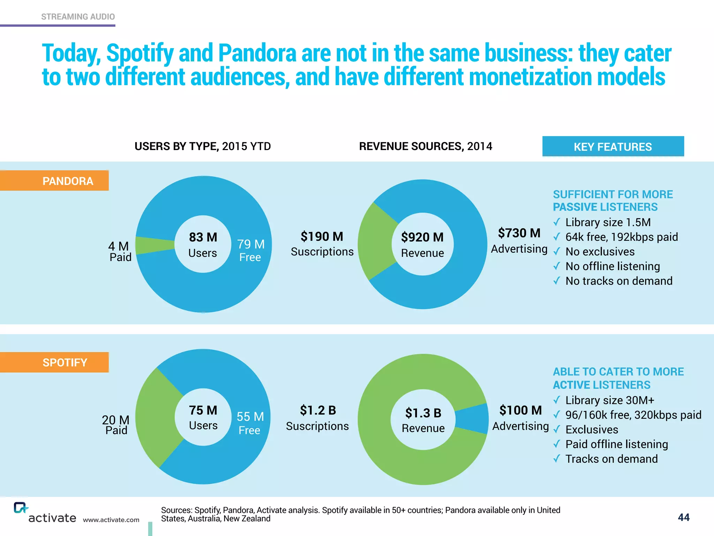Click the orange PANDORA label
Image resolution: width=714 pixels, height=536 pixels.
pyautogui.click(x=54, y=181)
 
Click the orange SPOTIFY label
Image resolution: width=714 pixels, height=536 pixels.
pyautogui.click(x=54, y=362)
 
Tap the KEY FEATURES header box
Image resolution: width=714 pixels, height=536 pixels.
pyautogui.click(x=613, y=147)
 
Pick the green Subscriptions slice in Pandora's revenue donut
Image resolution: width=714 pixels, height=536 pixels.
pyautogui.click(x=375, y=241)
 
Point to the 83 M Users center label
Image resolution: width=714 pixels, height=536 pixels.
pyautogui.click(x=203, y=244)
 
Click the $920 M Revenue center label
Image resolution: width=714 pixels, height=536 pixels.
pyautogui.click(x=423, y=244)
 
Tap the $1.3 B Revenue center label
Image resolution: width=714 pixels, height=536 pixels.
pyautogui.click(x=423, y=420)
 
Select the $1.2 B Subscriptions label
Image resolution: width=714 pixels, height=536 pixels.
pyautogui.click(x=317, y=418)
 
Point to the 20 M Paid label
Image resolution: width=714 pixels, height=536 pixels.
pyautogui.click(x=116, y=424)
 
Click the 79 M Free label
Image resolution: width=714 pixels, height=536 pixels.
pyautogui.click(x=250, y=250)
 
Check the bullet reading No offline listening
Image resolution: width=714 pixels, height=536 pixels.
pyautogui.click(x=612, y=266)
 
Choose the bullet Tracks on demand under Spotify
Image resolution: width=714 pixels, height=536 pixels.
pyautogui.click(x=611, y=459)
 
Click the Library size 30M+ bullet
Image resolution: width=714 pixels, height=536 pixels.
pyautogui.click(x=609, y=400)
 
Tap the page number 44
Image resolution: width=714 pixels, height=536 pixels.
pyautogui.click(x=683, y=517)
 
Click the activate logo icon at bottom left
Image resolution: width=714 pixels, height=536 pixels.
pyautogui.click(x=20, y=508)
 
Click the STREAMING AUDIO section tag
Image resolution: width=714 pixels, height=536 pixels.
pyautogui.click(x=78, y=17)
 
